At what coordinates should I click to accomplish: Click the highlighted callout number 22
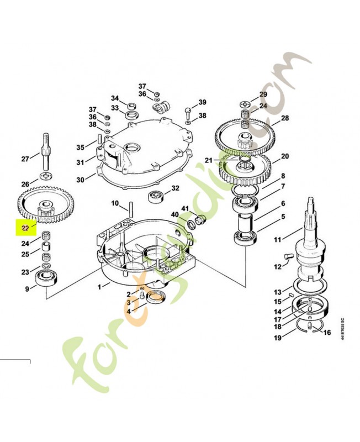(x=25, y=227)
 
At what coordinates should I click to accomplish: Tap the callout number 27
(x=25, y=159)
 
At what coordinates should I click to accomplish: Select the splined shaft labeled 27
(x=45, y=150)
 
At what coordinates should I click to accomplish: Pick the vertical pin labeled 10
(x=132, y=209)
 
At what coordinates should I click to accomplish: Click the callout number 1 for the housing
(x=99, y=287)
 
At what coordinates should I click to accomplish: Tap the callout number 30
(x=80, y=180)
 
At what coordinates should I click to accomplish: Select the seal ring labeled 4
(x=156, y=297)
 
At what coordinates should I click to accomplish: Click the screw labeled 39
(x=188, y=110)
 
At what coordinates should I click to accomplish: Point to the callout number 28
(x=285, y=118)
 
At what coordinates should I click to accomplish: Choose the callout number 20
(x=285, y=156)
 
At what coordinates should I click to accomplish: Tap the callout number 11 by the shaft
(x=277, y=240)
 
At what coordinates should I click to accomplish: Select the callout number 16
(x=327, y=333)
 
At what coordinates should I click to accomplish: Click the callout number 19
(x=277, y=337)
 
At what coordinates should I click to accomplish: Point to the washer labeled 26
(x=45, y=176)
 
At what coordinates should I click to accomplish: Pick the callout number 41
(x=186, y=208)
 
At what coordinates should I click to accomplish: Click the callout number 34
(x=115, y=98)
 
